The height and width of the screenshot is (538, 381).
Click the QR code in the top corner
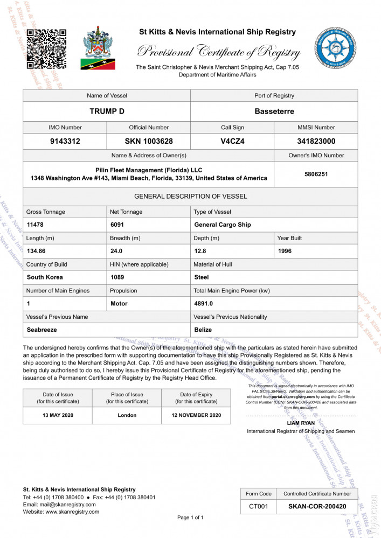pos(46,49)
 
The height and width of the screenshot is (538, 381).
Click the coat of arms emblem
pos(98,48)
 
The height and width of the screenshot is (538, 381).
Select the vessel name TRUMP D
pos(107,111)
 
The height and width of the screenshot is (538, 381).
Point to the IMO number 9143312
pos(65,142)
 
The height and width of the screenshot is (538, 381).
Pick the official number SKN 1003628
pos(149,142)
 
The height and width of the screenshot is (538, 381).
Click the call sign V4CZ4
pos(232,142)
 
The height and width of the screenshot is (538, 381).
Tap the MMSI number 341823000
pos(316,142)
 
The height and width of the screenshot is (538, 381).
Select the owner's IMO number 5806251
pos(316,174)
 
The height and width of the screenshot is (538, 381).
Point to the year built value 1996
pos(286,251)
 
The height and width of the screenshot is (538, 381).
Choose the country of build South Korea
pos(45,277)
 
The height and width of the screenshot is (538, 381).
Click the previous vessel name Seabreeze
pos(42,330)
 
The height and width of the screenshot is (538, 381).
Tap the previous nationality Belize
pos(203,330)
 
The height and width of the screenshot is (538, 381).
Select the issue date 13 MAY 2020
pos(58,415)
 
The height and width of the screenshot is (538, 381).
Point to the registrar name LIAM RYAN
pos(301,423)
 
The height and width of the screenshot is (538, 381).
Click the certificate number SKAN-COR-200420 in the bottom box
pos(316,506)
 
